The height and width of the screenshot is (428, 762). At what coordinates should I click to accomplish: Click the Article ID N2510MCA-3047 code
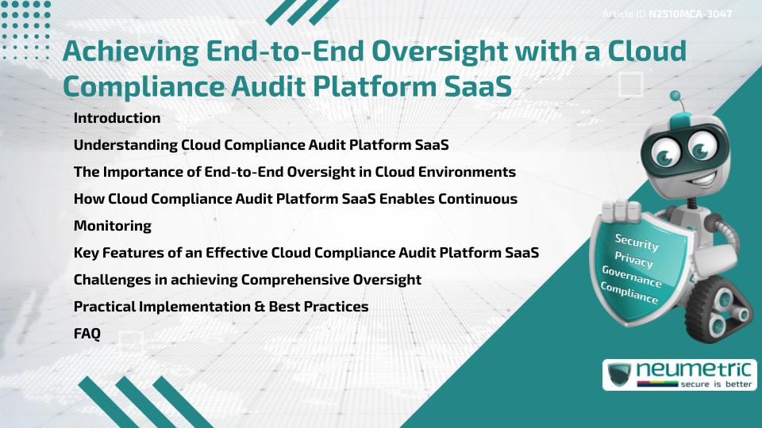click(x=689, y=14)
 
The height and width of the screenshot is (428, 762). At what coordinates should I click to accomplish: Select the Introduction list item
click(x=117, y=118)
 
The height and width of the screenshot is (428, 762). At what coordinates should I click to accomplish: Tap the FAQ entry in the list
click(x=87, y=334)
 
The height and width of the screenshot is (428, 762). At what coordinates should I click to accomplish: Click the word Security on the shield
click(x=636, y=242)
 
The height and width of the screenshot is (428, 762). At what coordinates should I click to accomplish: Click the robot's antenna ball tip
click(x=675, y=97)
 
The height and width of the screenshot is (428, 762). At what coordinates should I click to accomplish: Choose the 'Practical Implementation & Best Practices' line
click(x=221, y=307)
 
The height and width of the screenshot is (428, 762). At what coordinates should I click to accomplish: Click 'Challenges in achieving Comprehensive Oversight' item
click(x=247, y=280)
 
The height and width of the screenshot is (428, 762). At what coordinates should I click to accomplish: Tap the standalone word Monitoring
click(x=112, y=226)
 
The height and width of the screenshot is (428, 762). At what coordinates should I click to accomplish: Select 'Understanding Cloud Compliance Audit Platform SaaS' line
click(x=261, y=145)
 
